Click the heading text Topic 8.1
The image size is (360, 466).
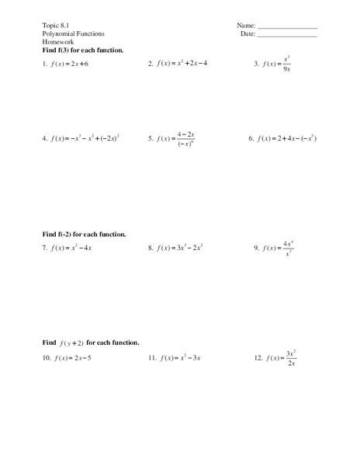[56, 26]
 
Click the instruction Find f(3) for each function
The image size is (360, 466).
[83, 50]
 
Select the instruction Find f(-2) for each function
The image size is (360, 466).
[85, 234]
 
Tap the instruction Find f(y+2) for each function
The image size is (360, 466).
[91, 343]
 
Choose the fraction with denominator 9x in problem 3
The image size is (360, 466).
[286, 65]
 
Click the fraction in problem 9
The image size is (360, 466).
[288, 249]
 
